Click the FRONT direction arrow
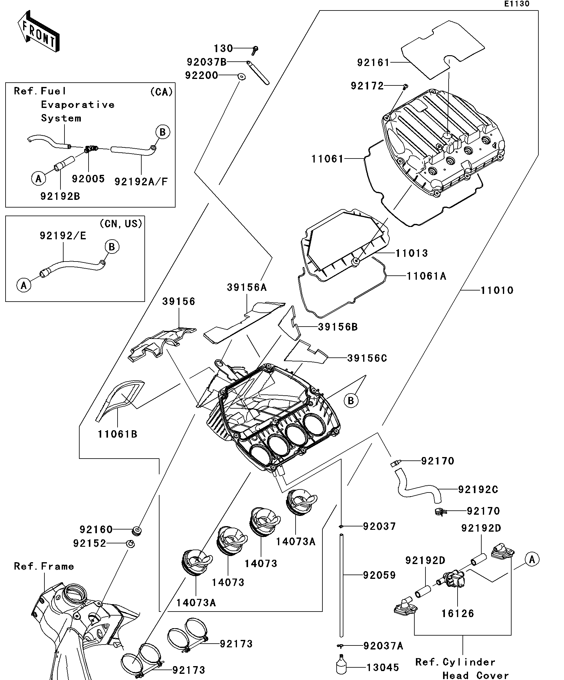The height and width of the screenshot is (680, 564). click(x=38, y=32)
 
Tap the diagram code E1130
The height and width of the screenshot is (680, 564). click(x=516, y=4)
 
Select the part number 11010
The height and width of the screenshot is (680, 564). click(x=497, y=291)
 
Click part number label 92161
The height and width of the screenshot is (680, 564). click(x=373, y=63)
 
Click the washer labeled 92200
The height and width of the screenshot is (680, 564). click(x=241, y=77)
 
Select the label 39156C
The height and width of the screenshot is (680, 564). click(x=367, y=358)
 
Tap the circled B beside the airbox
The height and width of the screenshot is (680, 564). click(x=351, y=401)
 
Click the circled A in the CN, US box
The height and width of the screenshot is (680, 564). click(x=24, y=285)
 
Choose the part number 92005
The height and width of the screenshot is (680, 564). click(x=88, y=179)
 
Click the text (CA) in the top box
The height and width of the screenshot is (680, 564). click(x=161, y=92)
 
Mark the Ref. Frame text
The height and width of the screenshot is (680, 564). click(x=44, y=566)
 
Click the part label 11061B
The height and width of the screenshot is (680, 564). click(x=118, y=434)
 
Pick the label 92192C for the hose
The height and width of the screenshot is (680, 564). click(x=478, y=490)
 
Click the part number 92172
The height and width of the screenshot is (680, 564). click(x=367, y=86)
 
